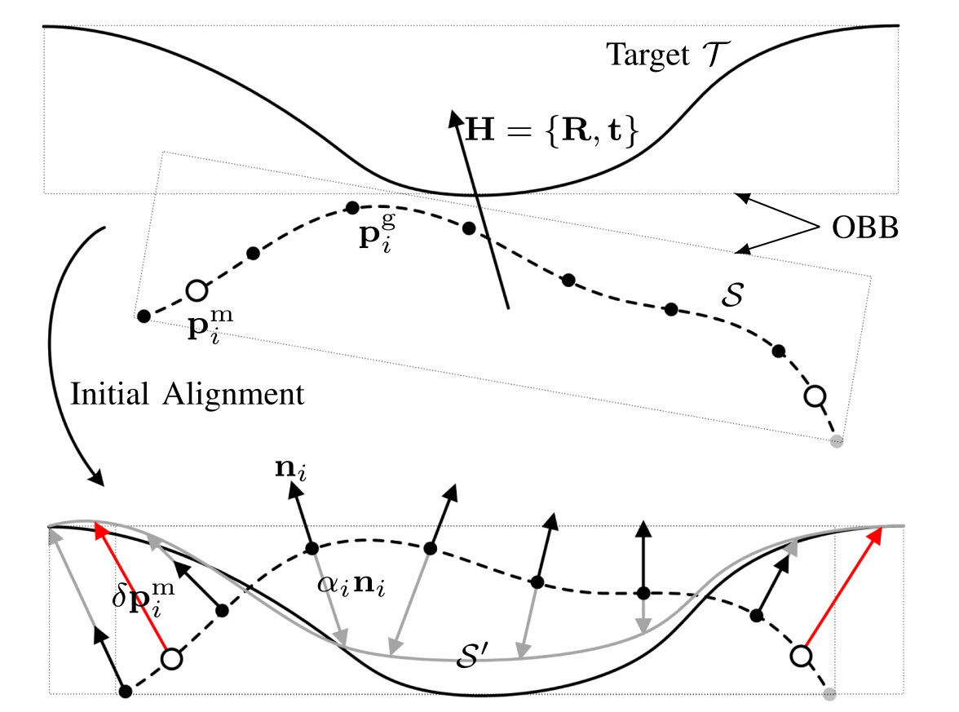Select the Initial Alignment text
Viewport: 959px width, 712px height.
[188, 395]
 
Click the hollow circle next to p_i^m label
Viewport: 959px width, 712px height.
[197, 290]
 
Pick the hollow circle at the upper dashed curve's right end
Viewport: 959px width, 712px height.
[815, 396]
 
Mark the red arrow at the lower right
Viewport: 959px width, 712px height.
[842, 591]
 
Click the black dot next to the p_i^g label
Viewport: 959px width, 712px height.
[352, 207]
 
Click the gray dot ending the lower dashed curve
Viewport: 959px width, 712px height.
[829, 694]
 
